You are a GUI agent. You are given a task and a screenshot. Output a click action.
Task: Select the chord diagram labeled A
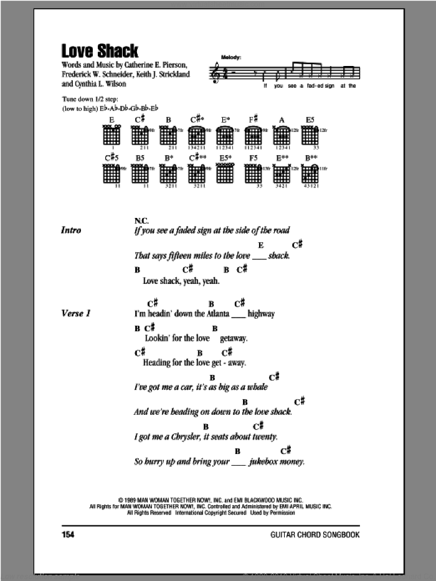click(x=281, y=135)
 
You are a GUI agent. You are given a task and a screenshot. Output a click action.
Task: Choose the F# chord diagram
click(x=254, y=135)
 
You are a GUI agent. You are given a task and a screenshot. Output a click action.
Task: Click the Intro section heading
click(x=71, y=230)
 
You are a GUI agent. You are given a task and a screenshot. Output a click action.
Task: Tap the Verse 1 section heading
click(x=76, y=314)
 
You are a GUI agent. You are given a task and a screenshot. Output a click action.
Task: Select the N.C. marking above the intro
click(x=141, y=220)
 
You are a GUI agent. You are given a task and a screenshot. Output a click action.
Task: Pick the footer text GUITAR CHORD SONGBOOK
click(x=325, y=535)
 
